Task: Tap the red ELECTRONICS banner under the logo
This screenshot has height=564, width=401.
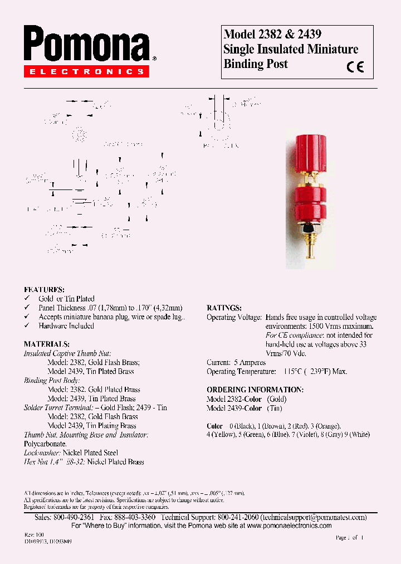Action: coord(86,71)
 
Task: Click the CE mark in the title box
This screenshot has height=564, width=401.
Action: coord(355,67)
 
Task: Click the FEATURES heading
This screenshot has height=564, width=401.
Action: coord(44,290)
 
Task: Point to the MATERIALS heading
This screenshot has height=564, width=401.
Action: coord(47,344)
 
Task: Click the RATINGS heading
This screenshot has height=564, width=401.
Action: coord(224,308)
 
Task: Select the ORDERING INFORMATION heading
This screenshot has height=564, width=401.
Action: coord(255,390)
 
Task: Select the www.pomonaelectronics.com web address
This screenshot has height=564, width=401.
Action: coord(289,526)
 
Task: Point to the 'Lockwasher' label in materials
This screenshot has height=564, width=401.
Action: coord(42,453)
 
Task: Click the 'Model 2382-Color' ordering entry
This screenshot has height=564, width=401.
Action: coord(234,399)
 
